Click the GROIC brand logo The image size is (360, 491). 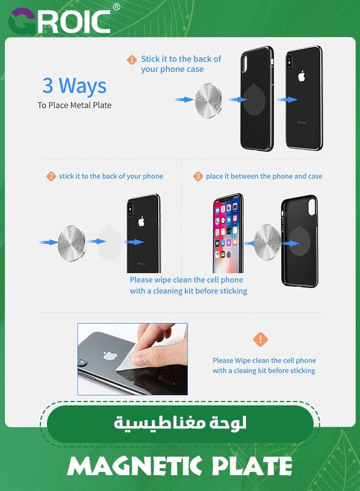click(59, 21)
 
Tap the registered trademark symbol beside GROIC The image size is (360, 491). click(116, 7)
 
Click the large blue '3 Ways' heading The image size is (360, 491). click(75, 86)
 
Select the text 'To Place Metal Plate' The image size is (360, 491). click(75, 105)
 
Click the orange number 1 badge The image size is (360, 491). click(132, 60)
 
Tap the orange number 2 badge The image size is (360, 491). click(51, 176)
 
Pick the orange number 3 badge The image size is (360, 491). click(198, 176)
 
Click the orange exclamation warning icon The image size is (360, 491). click(260, 339)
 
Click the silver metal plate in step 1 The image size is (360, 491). click(208, 101)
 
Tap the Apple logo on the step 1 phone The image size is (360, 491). click(302, 76)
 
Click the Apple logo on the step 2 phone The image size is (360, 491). click(141, 221)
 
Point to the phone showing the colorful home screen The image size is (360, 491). click(227, 233)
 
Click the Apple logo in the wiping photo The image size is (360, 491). click(110, 355)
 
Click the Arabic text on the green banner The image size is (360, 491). click(180, 423)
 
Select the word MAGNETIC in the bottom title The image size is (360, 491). click(135, 466)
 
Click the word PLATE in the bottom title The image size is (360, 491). click(253, 466)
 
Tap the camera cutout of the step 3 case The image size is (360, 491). click(312, 208)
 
